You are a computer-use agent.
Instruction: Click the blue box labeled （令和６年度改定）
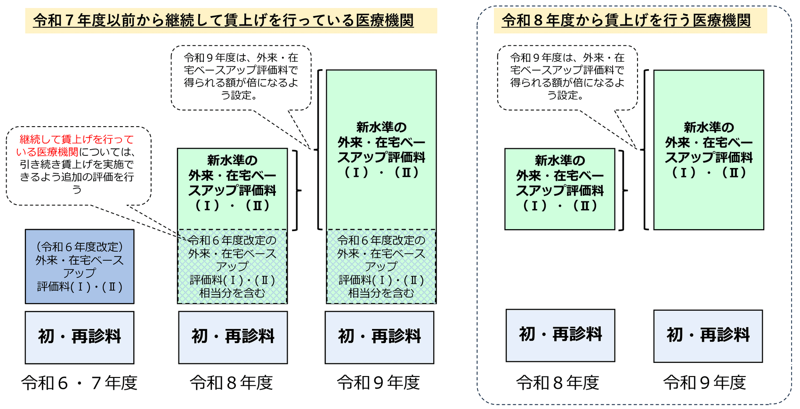[80, 266]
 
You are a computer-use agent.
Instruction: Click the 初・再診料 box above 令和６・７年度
[80, 337]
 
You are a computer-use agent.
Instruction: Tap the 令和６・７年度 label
[80, 383]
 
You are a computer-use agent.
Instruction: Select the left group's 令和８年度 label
[232, 383]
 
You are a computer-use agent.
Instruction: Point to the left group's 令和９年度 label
[379, 383]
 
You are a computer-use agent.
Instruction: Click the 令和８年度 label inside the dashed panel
[558, 383]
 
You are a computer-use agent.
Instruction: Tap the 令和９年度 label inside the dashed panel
[705, 383]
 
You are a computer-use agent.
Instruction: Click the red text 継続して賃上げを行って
[77, 139]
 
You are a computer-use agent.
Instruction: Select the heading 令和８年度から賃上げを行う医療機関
[626, 21]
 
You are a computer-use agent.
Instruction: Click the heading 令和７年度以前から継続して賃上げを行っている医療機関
[224, 21]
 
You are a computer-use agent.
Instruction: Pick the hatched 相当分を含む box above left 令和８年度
[232, 266]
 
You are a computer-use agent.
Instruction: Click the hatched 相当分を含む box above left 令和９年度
[381, 266]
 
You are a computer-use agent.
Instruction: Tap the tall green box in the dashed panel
[709, 150]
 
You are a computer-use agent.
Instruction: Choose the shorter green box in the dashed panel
[560, 189]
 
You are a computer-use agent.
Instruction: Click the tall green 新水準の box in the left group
[381, 150]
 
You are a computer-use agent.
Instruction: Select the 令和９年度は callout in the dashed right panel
[567, 77]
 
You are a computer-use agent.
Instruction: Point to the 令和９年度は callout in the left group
[241, 77]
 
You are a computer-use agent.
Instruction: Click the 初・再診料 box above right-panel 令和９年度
[708, 336]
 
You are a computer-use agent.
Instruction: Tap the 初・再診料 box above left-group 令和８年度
[233, 337]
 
